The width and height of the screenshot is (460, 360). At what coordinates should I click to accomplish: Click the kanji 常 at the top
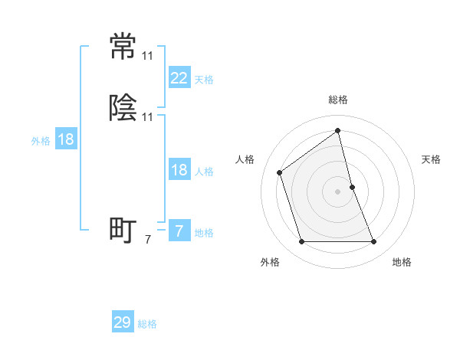click(123, 47)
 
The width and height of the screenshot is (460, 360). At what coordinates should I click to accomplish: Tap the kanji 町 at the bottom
click(123, 230)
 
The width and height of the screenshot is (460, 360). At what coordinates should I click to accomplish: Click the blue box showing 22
click(179, 77)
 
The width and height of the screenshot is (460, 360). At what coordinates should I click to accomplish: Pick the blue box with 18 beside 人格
click(179, 170)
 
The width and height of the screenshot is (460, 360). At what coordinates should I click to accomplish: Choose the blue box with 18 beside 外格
click(65, 139)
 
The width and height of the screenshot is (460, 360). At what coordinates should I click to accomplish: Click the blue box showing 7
click(179, 231)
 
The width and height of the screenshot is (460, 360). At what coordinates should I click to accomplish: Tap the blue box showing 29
click(123, 322)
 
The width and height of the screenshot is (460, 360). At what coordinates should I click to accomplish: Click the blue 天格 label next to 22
click(204, 79)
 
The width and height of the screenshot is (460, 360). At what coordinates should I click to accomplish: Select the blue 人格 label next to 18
click(204, 172)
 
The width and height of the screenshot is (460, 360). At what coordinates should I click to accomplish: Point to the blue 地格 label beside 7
click(204, 233)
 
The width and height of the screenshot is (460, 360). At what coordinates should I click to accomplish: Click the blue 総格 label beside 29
click(147, 324)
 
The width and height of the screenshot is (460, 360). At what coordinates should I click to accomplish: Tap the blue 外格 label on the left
click(40, 141)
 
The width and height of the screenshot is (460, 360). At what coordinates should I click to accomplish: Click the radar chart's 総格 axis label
click(338, 100)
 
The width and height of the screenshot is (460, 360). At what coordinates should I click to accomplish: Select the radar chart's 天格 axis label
click(432, 159)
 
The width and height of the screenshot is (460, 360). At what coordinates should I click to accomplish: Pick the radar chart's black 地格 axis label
click(402, 262)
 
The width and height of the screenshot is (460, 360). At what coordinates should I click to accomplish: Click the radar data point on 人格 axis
click(279, 172)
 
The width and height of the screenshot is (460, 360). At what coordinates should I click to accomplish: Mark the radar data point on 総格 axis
click(338, 130)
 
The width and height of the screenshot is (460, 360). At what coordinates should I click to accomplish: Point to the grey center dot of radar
click(338, 191)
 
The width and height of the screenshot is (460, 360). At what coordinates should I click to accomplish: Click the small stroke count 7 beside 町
click(148, 240)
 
